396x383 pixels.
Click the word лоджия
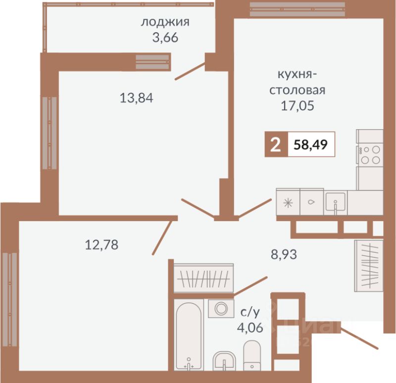165,23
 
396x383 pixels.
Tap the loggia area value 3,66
165,38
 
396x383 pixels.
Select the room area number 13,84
137,98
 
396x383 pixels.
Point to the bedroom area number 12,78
101,244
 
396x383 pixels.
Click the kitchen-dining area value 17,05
297,105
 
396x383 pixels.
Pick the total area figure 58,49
311,144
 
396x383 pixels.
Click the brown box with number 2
276,144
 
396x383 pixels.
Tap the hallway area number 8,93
284,254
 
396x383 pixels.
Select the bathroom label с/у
250,313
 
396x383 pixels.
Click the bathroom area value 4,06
250,328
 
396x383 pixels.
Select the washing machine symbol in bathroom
221,308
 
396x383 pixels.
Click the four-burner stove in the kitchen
370,155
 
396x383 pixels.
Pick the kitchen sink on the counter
336,202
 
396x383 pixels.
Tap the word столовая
297,90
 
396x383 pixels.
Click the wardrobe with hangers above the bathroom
203,279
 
